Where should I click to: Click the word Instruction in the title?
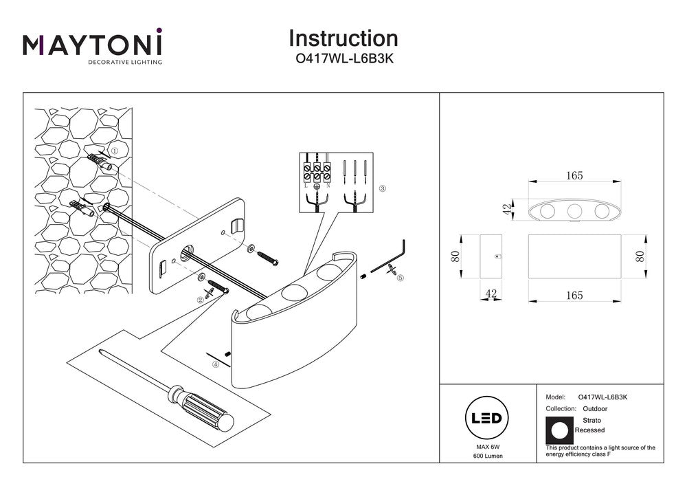(x=343, y=38)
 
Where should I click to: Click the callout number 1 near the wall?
(x=114, y=150)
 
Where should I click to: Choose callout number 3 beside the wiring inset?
(x=383, y=188)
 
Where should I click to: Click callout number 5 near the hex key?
(x=400, y=278)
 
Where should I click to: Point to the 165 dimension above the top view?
(x=574, y=176)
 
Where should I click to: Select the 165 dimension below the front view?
(x=574, y=296)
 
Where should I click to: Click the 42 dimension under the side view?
(x=491, y=294)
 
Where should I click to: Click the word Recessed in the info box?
(x=589, y=430)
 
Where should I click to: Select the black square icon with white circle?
(x=559, y=430)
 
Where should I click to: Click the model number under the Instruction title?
(x=343, y=59)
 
